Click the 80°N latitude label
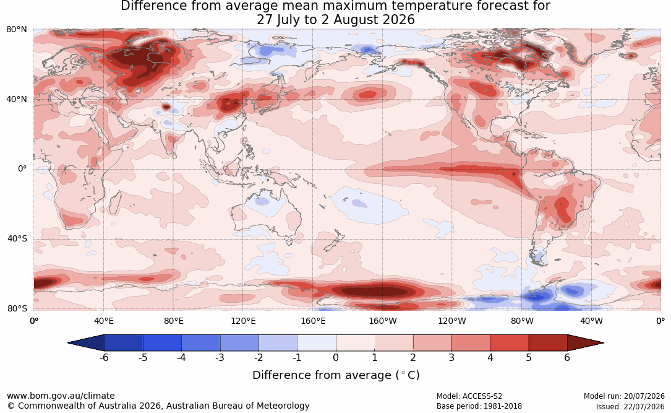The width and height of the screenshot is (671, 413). [16, 30]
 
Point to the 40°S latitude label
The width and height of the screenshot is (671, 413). [17, 238]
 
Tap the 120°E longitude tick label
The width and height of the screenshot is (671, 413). [243, 321]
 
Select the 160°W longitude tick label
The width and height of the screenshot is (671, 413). [383, 321]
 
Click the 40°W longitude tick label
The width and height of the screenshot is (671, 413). [591, 321]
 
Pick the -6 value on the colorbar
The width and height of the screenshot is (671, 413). [103, 357]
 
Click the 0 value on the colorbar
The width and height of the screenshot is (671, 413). [336, 357]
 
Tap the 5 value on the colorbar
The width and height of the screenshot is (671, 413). [529, 357]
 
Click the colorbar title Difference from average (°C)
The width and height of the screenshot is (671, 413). [336, 375]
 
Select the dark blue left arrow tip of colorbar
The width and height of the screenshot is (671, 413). [69, 343]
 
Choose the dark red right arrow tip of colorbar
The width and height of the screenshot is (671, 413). [603, 343]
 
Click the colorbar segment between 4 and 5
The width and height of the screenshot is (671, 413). [509, 343]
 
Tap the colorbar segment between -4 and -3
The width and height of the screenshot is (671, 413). [201, 343]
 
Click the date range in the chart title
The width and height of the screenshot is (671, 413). [335, 20]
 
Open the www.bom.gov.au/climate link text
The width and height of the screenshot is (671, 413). [61, 396]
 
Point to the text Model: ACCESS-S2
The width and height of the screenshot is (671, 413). [469, 396]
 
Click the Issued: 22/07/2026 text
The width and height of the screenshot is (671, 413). [630, 406]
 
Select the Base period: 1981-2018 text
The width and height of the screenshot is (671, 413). [479, 406]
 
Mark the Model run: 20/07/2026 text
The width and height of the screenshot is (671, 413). [624, 396]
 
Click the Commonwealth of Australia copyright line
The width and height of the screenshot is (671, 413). [158, 406]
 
